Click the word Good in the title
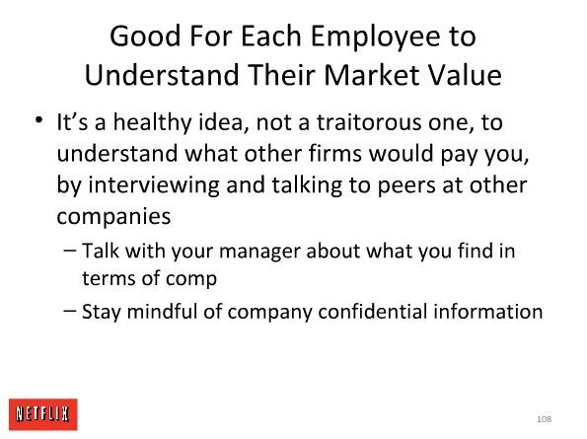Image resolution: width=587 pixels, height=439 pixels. click(145, 36)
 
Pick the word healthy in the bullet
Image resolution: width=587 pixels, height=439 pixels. click(152, 122)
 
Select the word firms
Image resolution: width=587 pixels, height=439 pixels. click(335, 154)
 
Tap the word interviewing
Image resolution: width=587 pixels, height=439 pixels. click(154, 186)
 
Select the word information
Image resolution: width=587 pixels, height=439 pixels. click(488, 311)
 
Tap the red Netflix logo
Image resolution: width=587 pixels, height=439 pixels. click(43, 414)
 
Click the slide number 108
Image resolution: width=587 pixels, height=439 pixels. click(544, 419)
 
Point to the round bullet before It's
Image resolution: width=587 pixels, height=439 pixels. click(38, 120)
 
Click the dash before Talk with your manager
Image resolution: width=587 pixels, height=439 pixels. click(70, 250)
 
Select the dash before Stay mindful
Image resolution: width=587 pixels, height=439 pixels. click(70, 310)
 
